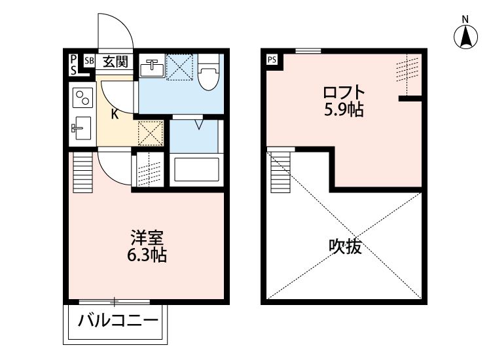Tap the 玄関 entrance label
pos(115,62)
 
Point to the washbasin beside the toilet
pos(152,67)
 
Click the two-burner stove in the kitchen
pos(82,99)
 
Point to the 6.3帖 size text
pos(147,255)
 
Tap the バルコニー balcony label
pos(117,321)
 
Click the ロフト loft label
pos(343,92)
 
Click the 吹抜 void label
pos(345,247)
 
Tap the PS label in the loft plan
pos(272,60)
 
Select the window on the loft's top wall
pos(308,51)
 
